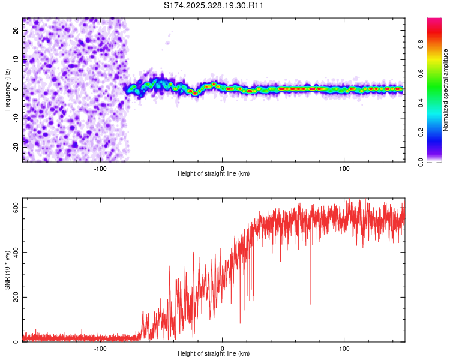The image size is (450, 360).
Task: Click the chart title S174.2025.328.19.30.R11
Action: [214, 5]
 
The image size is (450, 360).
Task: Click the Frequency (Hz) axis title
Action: [7, 90]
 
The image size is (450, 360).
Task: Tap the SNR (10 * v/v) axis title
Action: [7, 274]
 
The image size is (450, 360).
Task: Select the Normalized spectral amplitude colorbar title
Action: [446, 90]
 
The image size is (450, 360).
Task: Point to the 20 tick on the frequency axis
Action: [16, 29]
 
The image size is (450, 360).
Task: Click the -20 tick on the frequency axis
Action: [15, 146]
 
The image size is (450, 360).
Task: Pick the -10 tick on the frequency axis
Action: [15, 118]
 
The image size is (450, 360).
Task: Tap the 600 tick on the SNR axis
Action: [13, 207]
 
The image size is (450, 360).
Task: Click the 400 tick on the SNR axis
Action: [13, 252]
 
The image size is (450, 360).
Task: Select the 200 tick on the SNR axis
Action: [13, 297]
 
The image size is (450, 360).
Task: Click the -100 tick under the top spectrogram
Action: [100, 167]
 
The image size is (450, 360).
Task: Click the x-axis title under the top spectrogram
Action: [214, 174]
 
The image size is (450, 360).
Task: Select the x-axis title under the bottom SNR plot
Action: [214, 355]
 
